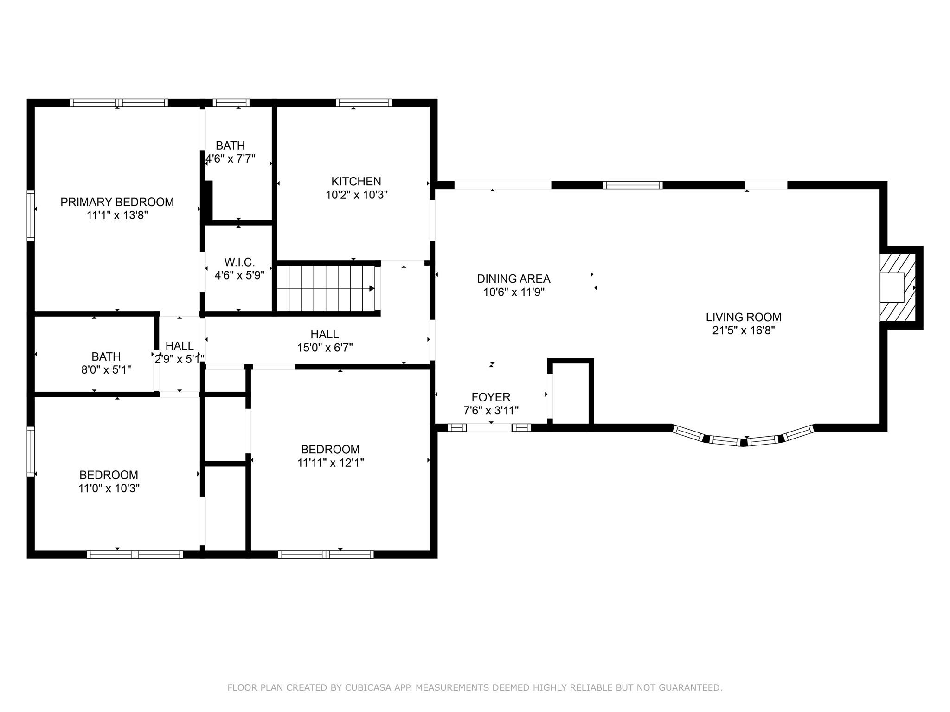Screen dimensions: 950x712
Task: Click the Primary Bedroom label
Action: click(x=117, y=202)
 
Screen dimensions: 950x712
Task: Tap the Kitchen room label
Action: click(x=356, y=181)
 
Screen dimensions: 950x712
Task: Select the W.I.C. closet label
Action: click(x=239, y=262)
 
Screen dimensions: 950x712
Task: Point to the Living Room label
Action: click(x=744, y=317)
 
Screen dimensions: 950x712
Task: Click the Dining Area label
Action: click(x=514, y=279)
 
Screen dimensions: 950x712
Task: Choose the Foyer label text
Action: click(x=491, y=397)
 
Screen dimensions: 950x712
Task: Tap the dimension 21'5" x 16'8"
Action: click(x=744, y=330)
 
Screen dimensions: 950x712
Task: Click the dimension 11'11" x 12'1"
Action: click(x=331, y=462)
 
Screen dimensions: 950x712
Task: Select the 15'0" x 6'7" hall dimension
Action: click(x=325, y=347)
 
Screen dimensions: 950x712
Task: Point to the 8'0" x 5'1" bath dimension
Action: click(x=106, y=369)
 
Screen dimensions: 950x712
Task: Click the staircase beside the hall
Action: click(x=327, y=288)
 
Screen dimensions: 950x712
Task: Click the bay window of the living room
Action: click(x=744, y=436)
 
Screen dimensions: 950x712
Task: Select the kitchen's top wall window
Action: click(x=364, y=102)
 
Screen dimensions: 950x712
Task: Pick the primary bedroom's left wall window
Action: click(x=31, y=215)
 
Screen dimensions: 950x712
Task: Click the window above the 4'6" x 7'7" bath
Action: click(x=231, y=102)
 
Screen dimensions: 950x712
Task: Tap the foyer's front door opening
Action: click(x=489, y=427)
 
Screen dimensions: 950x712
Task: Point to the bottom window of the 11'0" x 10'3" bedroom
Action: click(x=135, y=554)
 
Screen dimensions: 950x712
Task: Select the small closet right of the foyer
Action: click(x=571, y=393)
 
